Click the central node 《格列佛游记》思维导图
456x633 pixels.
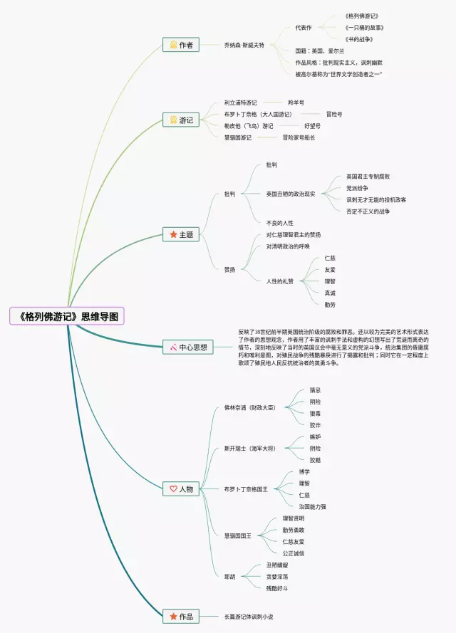pyautogui.click(x=67, y=316)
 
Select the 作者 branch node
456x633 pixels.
pyautogui.click(x=180, y=45)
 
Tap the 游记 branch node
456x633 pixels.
pyautogui.click(x=180, y=120)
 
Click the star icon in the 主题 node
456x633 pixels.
pyautogui.click(x=172, y=234)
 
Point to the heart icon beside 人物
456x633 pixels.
pyautogui.click(x=172, y=489)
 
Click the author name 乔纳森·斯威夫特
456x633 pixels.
pyautogui.click(x=244, y=45)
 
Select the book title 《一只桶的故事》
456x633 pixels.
pyautogui.click(x=362, y=27)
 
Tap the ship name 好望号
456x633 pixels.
pyautogui.click(x=312, y=125)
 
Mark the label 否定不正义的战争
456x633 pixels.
pyautogui.click(x=368, y=211)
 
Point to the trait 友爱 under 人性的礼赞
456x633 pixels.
pyautogui.click(x=330, y=270)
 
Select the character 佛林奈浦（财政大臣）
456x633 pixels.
pyautogui.click(x=249, y=408)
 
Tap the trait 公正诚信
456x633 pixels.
pyautogui.click(x=294, y=553)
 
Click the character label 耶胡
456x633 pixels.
pyautogui.click(x=230, y=576)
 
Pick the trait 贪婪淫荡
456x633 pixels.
pyautogui.click(x=277, y=576)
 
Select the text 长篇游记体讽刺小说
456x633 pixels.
pyautogui.click(x=249, y=616)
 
